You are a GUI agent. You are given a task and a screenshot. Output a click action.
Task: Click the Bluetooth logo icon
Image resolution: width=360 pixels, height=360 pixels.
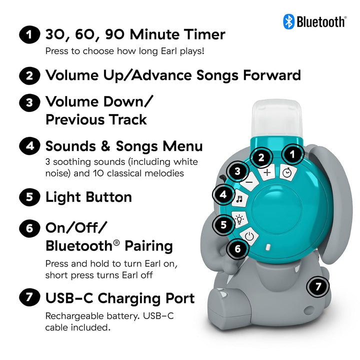coord(288,21)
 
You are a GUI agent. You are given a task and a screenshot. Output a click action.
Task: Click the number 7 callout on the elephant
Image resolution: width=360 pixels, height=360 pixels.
coord(318,286)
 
